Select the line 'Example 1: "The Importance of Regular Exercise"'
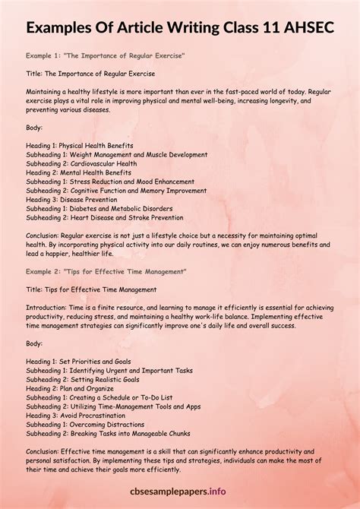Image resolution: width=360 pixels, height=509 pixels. click(x=105, y=56)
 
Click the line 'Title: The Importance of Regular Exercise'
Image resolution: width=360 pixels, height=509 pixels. click(x=90, y=74)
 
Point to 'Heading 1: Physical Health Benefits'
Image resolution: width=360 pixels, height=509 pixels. click(x=80, y=145)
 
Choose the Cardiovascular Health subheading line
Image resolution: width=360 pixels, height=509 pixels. click(x=81, y=163)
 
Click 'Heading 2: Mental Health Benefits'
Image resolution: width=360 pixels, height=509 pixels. click(x=78, y=172)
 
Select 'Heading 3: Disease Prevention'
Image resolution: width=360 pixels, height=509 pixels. click(x=72, y=199)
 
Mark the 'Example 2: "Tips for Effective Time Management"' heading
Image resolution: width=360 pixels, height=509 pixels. click(x=106, y=271)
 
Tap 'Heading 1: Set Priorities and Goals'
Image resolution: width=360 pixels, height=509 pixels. click(x=78, y=361)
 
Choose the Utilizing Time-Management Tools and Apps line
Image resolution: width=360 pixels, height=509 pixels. click(x=109, y=406)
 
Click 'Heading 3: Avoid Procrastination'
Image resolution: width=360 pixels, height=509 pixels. click(x=76, y=415)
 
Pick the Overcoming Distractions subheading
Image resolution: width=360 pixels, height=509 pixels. click(x=83, y=424)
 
